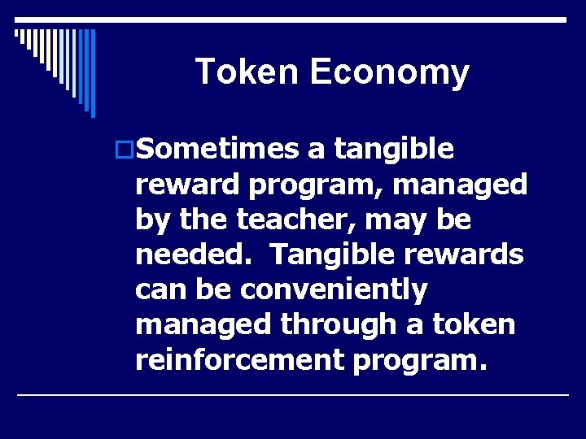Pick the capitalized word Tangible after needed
329,254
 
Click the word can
159,289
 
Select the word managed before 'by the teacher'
461,185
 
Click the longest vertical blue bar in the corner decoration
93,73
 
